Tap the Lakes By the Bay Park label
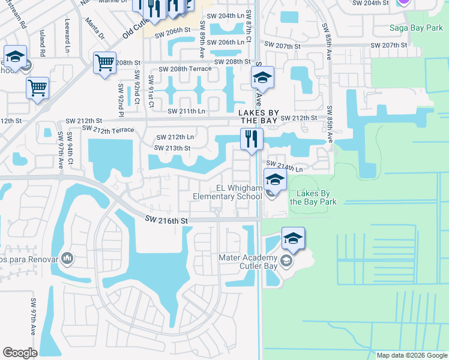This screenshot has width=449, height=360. (x=313, y=197)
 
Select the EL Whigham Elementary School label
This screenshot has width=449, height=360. (x=228, y=192)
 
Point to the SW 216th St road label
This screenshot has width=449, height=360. (x=166, y=221)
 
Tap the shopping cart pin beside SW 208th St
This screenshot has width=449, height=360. (x=104, y=62)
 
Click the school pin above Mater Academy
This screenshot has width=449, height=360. (x=293, y=239)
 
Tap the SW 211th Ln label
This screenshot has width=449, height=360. (x=186, y=111)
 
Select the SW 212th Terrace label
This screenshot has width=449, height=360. (x=108, y=129)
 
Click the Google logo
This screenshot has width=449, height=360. (x=20, y=353)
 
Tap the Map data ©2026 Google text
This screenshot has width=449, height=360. (x=411, y=355)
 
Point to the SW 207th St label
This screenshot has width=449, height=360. (x=282, y=46)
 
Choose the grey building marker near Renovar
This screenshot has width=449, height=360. (x=67, y=259)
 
